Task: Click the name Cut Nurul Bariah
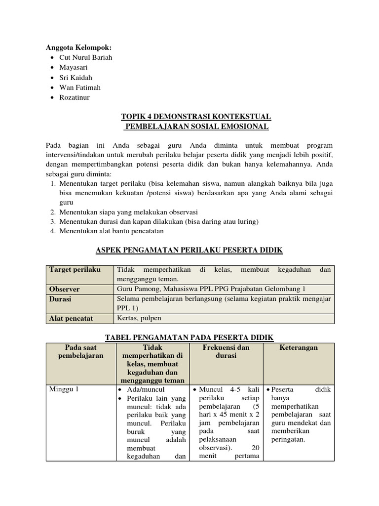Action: pyautogui.click(x=85, y=57)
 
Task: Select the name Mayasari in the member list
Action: pyautogui.click(x=75, y=67)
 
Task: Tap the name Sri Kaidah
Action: pyautogui.click(x=76, y=78)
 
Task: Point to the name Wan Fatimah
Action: pyautogui.click(x=80, y=87)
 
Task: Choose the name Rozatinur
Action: pyautogui.click(x=75, y=97)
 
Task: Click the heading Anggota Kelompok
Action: pyautogui.click(x=78, y=47)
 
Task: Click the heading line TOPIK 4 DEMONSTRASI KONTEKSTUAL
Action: pyautogui.click(x=196, y=117)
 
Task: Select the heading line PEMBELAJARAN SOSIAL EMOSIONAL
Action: pyautogui.click(x=196, y=126)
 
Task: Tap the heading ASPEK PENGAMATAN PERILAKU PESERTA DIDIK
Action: pyautogui.click(x=189, y=251)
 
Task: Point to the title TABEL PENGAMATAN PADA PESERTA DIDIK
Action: pyautogui.click(x=189, y=337)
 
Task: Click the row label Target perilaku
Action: pyautogui.click(x=75, y=270)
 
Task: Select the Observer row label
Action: pyautogui.click(x=64, y=289)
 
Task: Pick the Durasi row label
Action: pyautogui.click(x=61, y=299)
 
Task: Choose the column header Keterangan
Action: pyautogui.click(x=299, y=347)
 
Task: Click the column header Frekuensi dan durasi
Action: pyautogui.click(x=226, y=351)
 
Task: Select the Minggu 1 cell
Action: pyautogui.click(x=64, y=389)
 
